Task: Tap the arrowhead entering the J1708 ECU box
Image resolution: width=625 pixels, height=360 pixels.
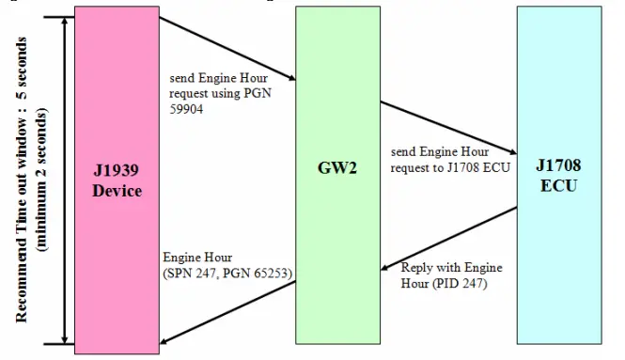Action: tap(512, 150)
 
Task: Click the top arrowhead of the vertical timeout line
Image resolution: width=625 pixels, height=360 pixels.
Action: tap(64, 21)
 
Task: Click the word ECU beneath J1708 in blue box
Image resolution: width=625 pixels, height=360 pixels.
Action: tap(557, 185)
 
